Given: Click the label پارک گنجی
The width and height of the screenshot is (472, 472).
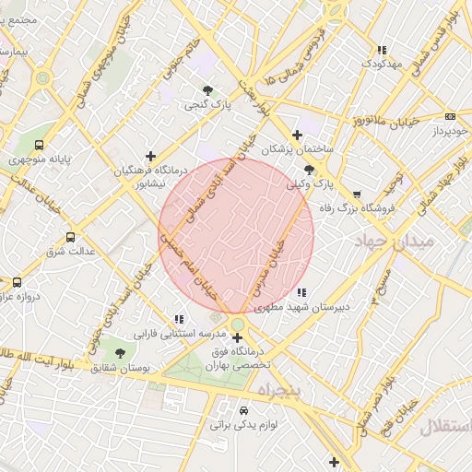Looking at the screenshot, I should [x=206, y=106].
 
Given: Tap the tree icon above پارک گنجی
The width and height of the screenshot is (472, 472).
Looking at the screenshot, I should [x=207, y=90].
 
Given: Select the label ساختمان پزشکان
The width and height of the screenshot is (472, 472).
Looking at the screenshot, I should [x=296, y=149].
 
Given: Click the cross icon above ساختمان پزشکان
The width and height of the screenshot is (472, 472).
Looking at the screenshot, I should [x=296, y=135].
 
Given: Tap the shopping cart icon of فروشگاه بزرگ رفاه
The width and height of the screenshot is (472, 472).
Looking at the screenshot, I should [x=357, y=195].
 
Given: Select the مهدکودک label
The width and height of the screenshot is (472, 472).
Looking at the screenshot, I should [x=382, y=65].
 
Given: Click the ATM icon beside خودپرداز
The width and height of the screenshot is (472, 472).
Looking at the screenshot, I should [x=450, y=116].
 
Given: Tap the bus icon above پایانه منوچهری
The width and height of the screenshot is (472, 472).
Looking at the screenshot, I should [x=39, y=145].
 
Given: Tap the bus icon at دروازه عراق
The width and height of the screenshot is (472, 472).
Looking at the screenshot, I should [x=17, y=282].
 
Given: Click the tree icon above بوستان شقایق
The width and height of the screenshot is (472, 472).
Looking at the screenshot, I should [x=119, y=352].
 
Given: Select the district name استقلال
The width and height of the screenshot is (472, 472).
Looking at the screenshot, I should [x=444, y=428].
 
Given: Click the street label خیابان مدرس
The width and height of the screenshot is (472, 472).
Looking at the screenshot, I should [x=279, y=260].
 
